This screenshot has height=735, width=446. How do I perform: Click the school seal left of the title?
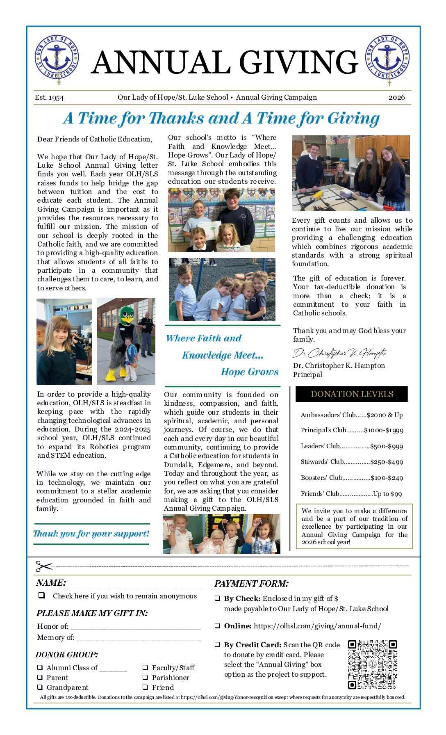point(57,58)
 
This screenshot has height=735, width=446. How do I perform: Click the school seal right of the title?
point(387,58)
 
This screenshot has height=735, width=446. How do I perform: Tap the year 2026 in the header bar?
point(396,97)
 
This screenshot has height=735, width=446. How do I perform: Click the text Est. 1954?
point(49,97)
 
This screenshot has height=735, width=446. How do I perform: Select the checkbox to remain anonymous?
point(41,595)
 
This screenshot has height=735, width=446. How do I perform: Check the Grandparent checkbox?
point(40,687)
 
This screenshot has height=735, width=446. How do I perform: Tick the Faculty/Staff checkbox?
point(146,668)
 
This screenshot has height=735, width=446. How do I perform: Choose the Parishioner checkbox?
point(146,678)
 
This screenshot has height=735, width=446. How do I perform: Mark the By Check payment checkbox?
point(217,598)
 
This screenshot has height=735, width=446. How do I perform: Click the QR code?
point(372,664)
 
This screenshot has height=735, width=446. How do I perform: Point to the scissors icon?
point(44,566)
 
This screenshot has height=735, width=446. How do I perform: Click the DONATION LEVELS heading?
point(352,394)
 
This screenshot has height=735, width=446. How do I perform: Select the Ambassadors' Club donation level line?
point(352,415)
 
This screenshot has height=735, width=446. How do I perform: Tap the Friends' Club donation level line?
point(351,494)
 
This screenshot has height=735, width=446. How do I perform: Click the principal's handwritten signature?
point(339,353)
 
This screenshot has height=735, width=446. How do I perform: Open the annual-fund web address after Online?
point(317,626)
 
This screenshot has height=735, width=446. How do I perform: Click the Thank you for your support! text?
point(91,534)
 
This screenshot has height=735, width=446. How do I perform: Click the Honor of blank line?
point(135,627)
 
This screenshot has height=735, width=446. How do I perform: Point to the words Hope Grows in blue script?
point(250,372)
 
